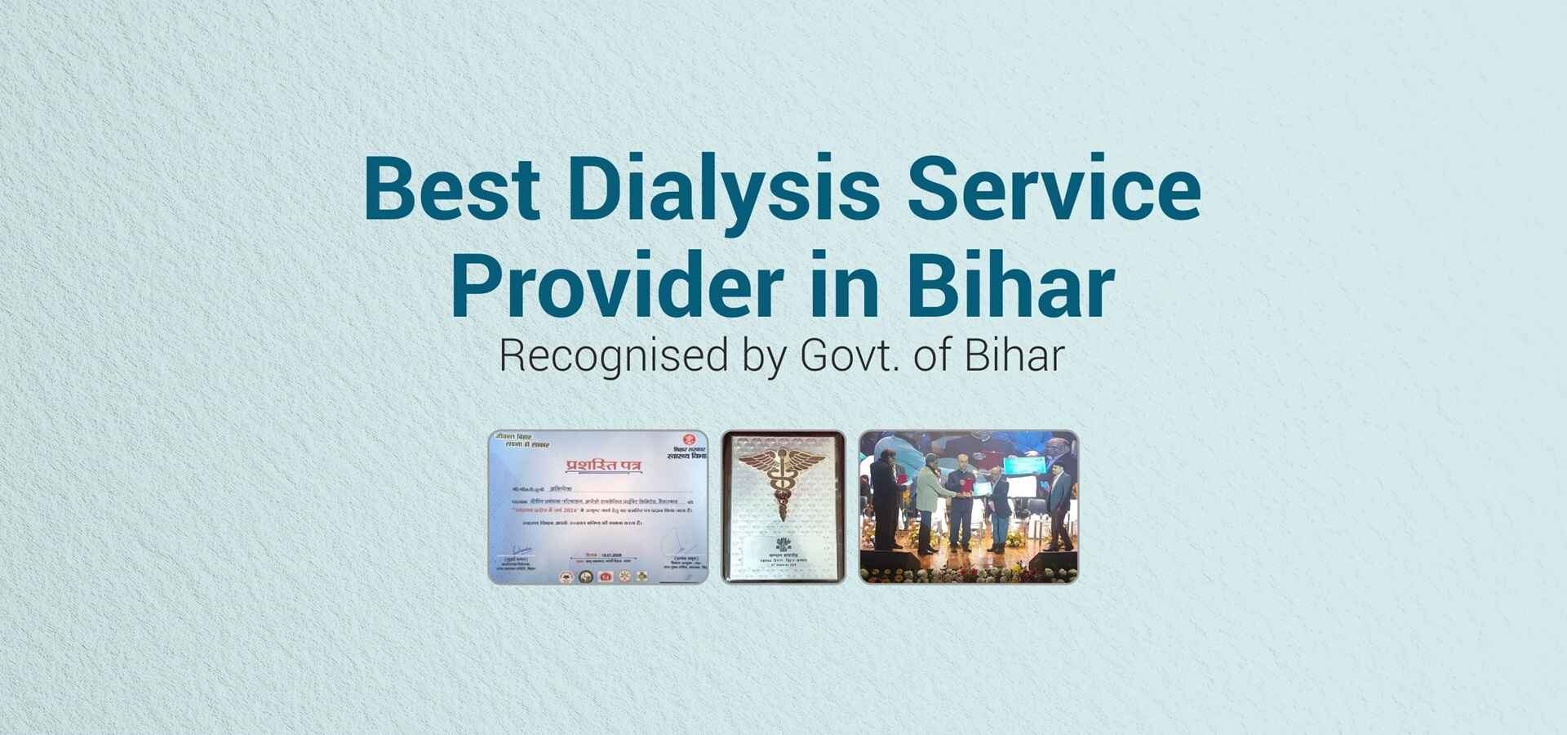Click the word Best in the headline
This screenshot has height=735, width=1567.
tap(451, 189)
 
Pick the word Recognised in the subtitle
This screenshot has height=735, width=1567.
tap(613, 357)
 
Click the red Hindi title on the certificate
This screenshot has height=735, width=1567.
tap(603, 465)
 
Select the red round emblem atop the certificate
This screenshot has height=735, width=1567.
tap(688, 440)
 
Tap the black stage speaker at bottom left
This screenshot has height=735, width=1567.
tap(891, 562)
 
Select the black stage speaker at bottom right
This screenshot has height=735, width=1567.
tap(1053, 562)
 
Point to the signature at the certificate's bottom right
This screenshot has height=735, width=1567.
tap(679, 541)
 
